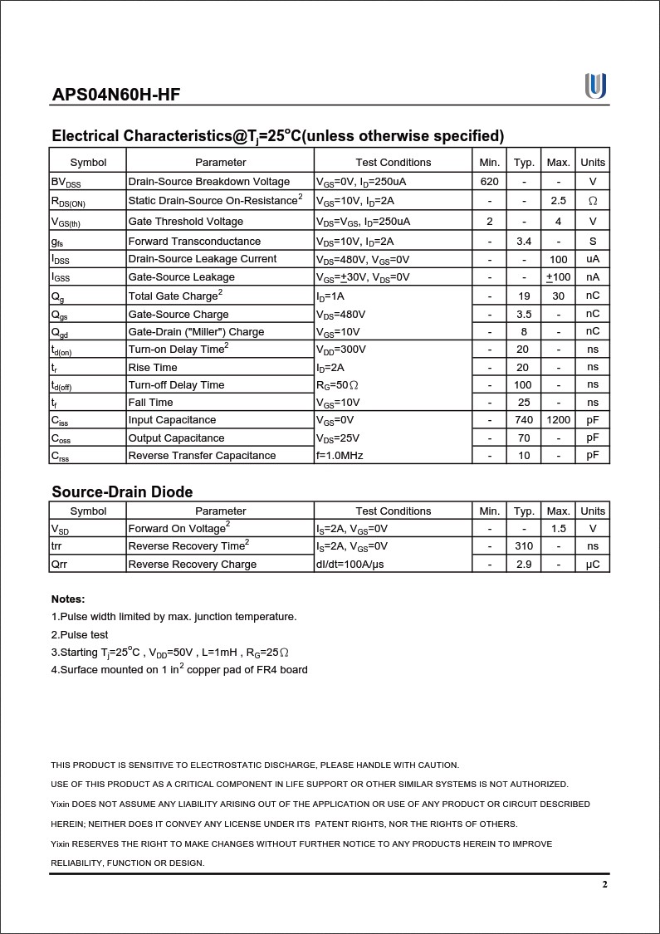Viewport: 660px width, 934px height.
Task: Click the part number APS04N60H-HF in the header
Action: (x=116, y=94)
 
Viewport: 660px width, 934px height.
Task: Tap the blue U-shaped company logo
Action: (x=595, y=86)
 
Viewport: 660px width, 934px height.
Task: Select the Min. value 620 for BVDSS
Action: (x=490, y=181)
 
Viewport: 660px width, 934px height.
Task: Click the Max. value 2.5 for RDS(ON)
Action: (x=559, y=201)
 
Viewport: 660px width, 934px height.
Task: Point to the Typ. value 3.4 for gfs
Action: (x=524, y=241)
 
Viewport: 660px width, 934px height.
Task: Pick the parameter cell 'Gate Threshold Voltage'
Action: (x=186, y=221)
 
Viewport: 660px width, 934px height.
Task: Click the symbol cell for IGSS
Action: (x=61, y=277)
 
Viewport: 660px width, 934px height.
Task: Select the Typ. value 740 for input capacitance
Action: (x=524, y=420)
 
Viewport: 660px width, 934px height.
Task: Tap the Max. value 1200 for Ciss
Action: (x=559, y=420)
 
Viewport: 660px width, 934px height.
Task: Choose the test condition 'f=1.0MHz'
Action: (x=340, y=455)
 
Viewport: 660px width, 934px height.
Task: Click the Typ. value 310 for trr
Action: (x=524, y=546)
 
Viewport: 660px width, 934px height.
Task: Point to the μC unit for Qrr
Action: (x=593, y=565)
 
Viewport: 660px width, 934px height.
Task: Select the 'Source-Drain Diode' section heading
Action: (x=122, y=491)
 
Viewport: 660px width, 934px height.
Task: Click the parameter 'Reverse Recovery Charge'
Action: (x=193, y=565)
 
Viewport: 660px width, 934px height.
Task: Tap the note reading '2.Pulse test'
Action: (x=80, y=634)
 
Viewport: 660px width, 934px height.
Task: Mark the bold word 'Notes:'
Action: (x=68, y=599)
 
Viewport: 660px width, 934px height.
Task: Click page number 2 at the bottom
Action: (x=605, y=885)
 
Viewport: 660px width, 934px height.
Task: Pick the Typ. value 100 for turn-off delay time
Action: (x=524, y=384)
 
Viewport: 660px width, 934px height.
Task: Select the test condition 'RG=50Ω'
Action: (x=338, y=385)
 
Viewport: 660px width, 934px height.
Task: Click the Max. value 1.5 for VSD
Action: (x=559, y=529)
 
